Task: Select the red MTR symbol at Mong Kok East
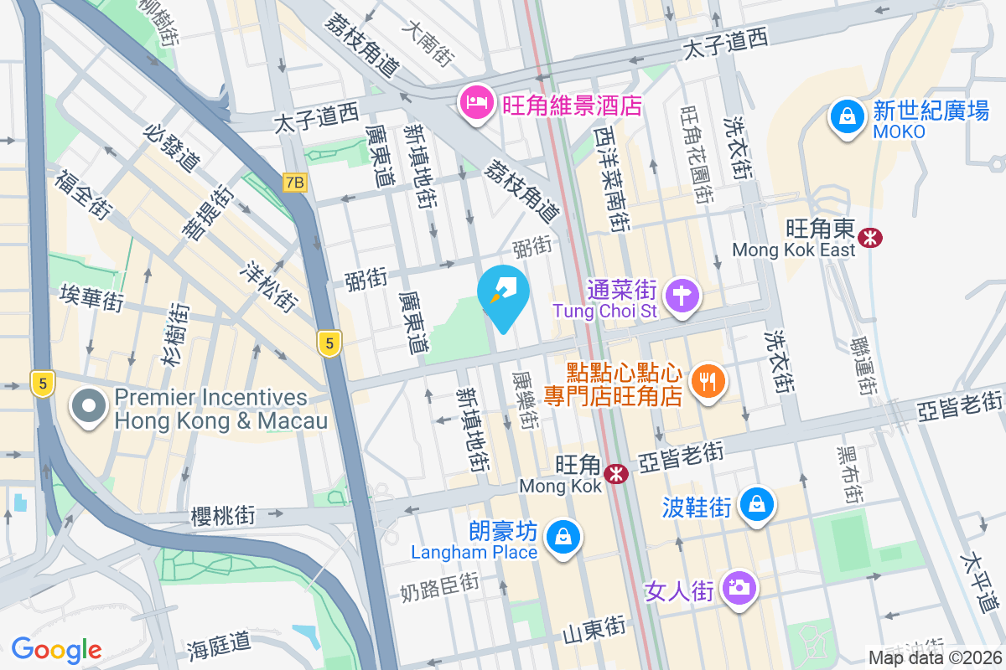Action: [871, 237]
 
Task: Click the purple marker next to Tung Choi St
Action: [683, 296]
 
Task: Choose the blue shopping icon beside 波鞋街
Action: [757, 505]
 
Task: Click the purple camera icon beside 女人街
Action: [739, 589]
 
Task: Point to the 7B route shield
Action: [294, 183]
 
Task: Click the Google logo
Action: [56, 650]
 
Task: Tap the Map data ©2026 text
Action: [934, 657]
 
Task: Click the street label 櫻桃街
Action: [222, 515]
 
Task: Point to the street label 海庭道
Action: [219, 643]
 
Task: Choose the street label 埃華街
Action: [91, 297]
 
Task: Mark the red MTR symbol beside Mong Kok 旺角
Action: [618, 474]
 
